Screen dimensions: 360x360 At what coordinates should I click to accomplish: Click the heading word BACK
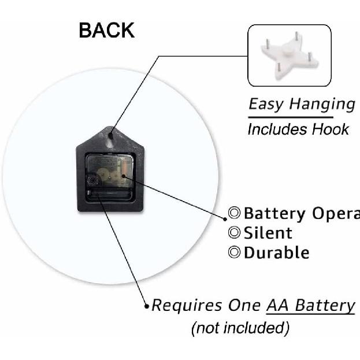click(107, 31)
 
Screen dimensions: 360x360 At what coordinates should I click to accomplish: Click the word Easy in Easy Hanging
click(266, 105)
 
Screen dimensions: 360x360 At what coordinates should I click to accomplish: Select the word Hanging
click(322, 105)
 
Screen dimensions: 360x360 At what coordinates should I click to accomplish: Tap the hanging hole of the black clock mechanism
click(110, 139)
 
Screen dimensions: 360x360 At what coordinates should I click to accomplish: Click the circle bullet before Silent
click(235, 233)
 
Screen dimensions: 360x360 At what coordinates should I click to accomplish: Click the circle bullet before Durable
click(235, 253)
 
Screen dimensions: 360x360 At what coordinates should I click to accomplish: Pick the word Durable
click(277, 253)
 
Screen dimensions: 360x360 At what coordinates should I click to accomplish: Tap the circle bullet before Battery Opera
click(235, 213)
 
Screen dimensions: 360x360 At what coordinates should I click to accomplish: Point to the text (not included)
click(240, 328)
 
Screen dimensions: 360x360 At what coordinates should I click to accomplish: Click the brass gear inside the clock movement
click(106, 173)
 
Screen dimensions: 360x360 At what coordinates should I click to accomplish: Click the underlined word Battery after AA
click(325, 305)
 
